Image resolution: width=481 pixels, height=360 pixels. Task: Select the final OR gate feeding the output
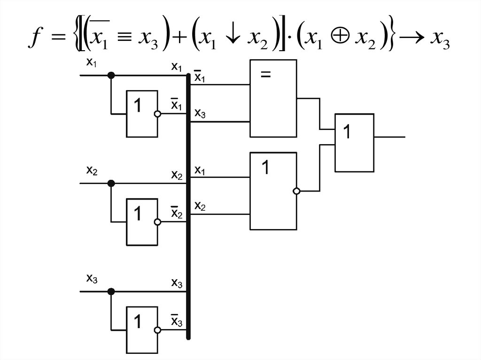click(354, 142)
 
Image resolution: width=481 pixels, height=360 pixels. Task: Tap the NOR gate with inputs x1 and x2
click(273, 191)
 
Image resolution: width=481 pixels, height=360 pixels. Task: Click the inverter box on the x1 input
click(141, 114)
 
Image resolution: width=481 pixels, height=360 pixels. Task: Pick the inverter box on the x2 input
click(141, 222)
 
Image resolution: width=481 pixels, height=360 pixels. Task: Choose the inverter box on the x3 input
click(141, 330)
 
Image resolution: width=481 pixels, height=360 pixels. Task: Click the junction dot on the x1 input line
click(111, 75)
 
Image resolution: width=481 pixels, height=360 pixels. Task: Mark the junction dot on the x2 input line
click(111, 183)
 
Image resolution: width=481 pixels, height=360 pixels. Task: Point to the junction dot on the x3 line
click(111, 291)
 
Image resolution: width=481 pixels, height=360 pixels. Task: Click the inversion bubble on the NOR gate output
click(296, 191)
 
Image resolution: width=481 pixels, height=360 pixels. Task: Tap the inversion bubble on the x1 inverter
click(158, 114)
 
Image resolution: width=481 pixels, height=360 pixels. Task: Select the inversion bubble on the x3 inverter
click(158, 330)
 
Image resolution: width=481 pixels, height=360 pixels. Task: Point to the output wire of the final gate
click(389, 137)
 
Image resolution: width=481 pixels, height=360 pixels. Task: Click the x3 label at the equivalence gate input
click(200, 114)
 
